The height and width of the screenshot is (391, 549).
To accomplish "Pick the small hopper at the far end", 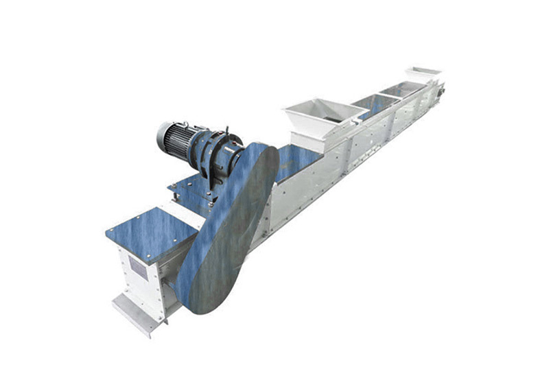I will pos(424,73).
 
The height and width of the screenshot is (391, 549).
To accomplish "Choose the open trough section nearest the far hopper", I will pos(405,88).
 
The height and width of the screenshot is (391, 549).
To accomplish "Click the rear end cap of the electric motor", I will pos(163,135).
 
